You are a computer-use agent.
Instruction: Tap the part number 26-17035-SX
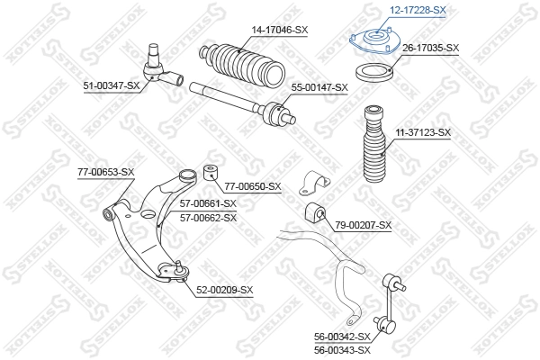(429, 48)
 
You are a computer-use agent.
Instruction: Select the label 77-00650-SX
(253, 186)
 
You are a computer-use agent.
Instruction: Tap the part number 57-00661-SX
(208, 203)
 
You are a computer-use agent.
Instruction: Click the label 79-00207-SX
(363, 224)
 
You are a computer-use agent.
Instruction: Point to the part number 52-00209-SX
(225, 289)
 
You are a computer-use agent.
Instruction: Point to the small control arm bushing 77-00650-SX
(212, 171)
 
